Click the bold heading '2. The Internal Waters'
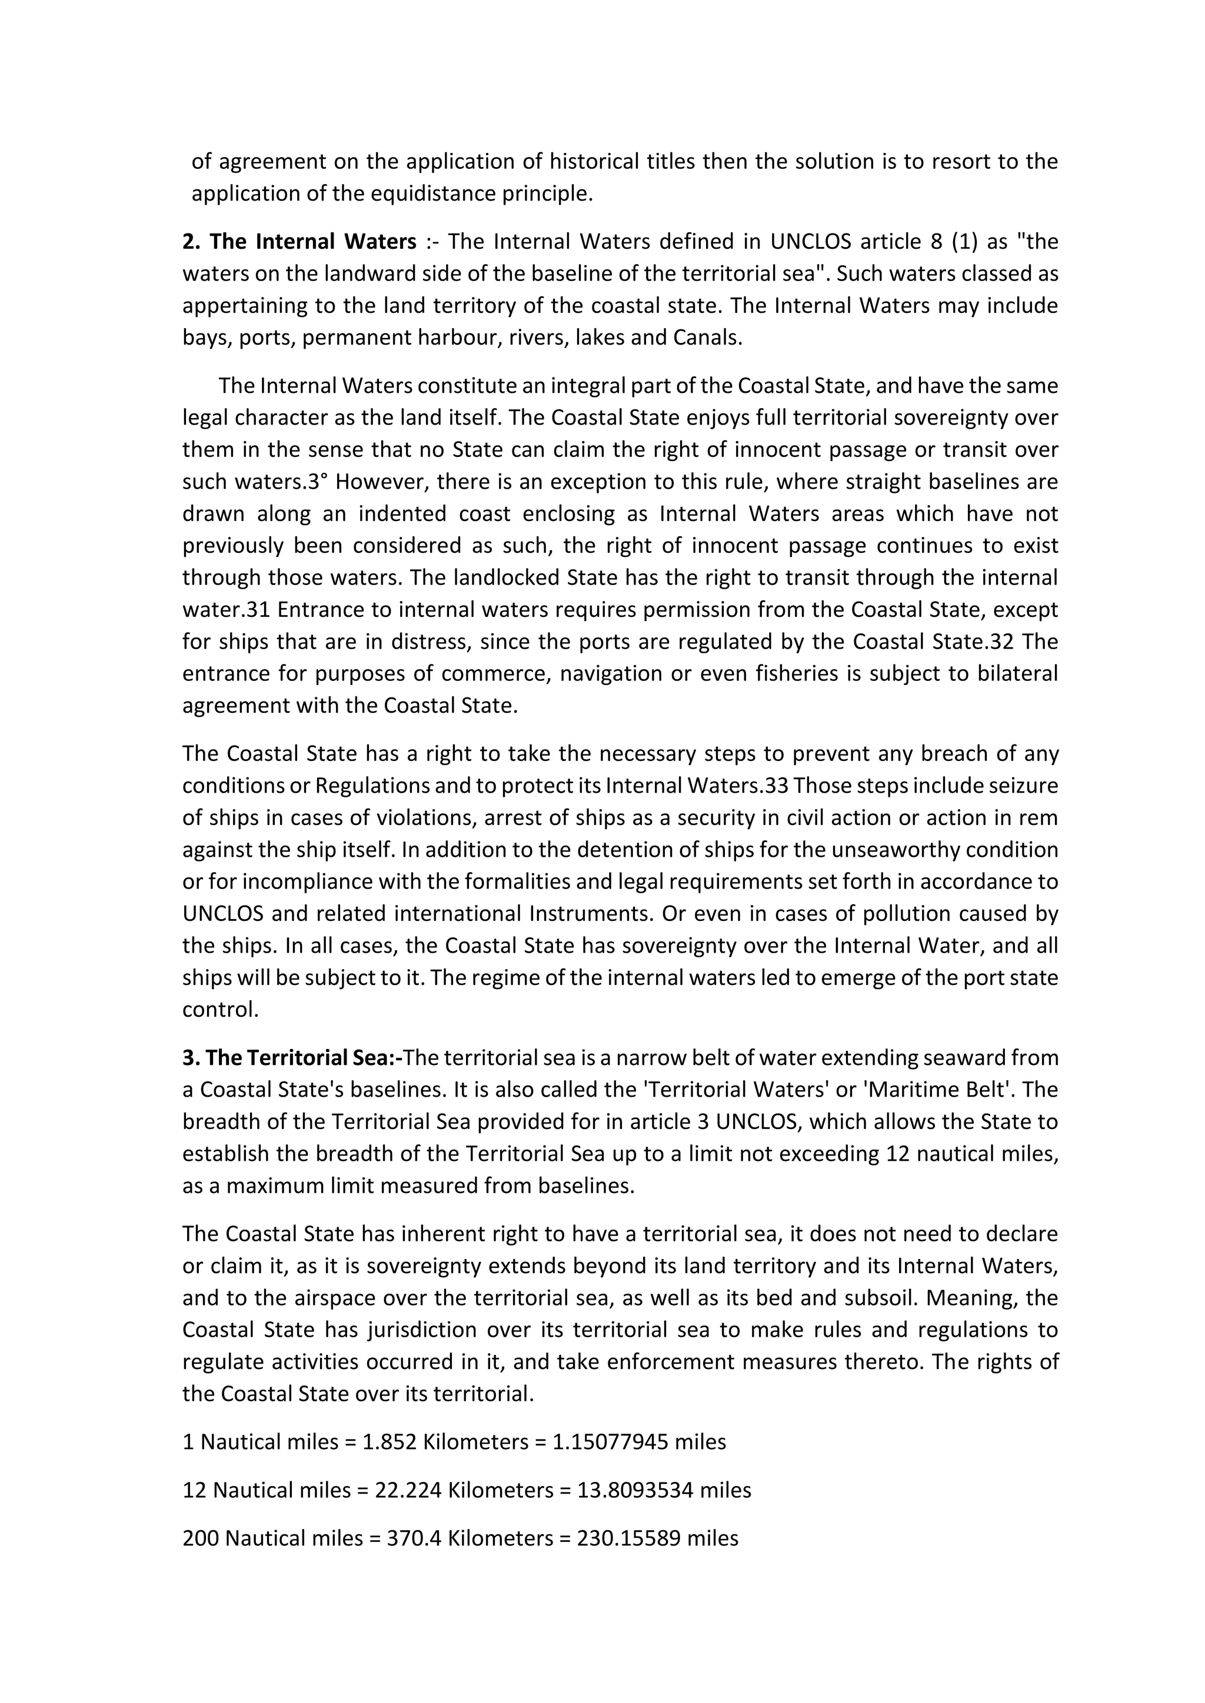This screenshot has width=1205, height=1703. pyautogui.click(x=299, y=242)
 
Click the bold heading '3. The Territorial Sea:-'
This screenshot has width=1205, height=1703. pyautogui.click(x=292, y=1058)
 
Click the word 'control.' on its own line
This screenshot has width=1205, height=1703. pyautogui.click(x=221, y=1010)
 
